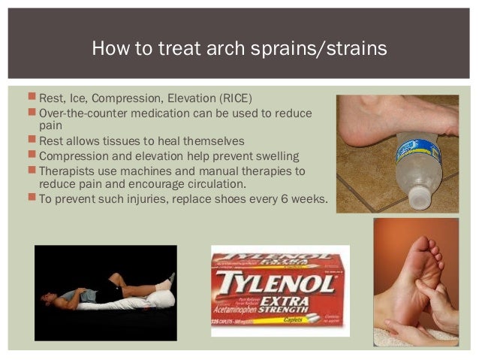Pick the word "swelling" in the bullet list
273,156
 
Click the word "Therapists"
68,171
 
